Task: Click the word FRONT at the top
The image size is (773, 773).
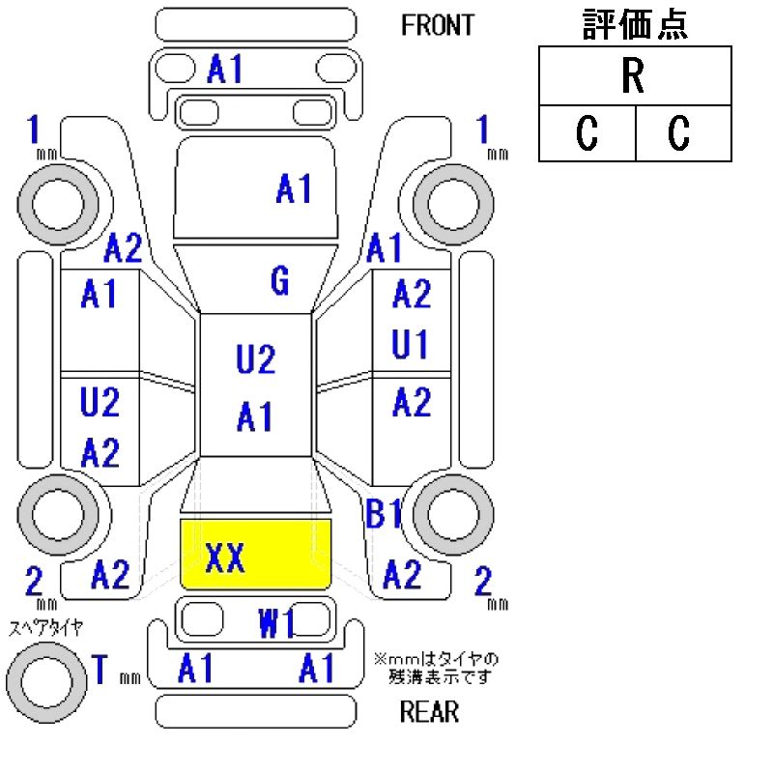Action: (x=438, y=25)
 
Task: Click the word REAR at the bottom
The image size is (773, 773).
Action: (x=429, y=713)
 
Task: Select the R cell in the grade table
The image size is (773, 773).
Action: (x=634, y=77)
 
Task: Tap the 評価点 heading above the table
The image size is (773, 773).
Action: (x=635, y=24)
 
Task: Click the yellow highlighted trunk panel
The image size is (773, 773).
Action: (x=257, y=555)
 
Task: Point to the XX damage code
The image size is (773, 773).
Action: (x=225, y=558)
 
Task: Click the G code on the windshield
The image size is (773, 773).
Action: (x=279, y=282)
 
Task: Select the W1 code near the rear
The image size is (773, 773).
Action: (x=277, y=625)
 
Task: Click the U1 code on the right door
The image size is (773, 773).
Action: (x=411, y=345)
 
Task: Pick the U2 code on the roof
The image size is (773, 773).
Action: (x=256, y=360)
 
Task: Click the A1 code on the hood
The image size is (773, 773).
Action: (x=294, y=190)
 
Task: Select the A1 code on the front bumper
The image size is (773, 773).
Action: (x=225, y=69)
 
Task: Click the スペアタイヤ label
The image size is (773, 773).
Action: (x=45, y=627)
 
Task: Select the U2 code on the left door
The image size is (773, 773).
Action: (x=100, y=402)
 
